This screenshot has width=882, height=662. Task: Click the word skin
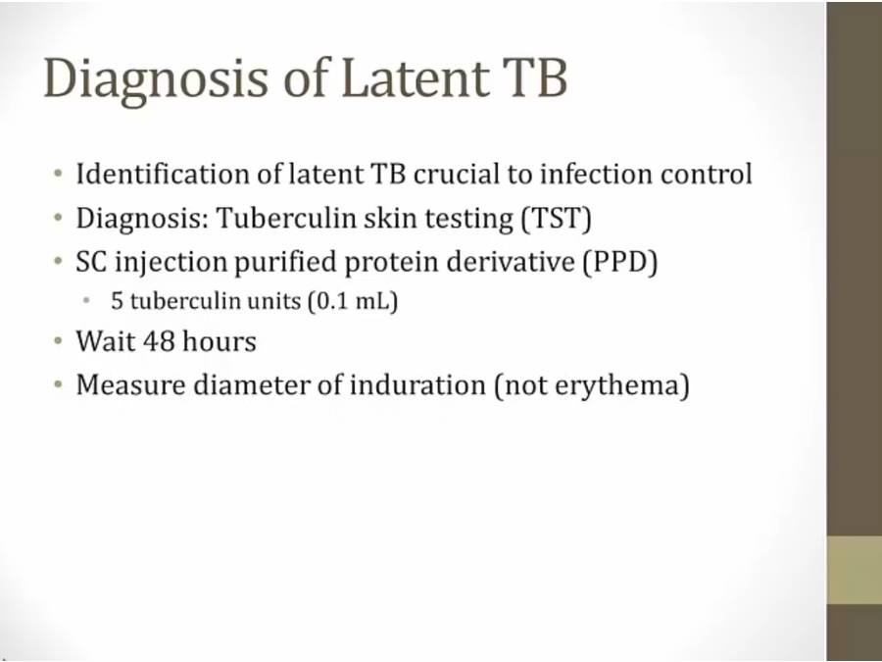390,218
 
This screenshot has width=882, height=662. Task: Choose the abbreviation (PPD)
620,262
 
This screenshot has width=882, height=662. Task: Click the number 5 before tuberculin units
117,301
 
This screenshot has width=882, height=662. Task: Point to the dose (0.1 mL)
353,301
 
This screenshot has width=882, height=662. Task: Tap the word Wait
106,340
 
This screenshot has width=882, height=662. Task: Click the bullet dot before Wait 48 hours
59,340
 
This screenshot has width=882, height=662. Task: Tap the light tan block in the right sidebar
854,570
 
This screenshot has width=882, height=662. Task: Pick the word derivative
511,262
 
